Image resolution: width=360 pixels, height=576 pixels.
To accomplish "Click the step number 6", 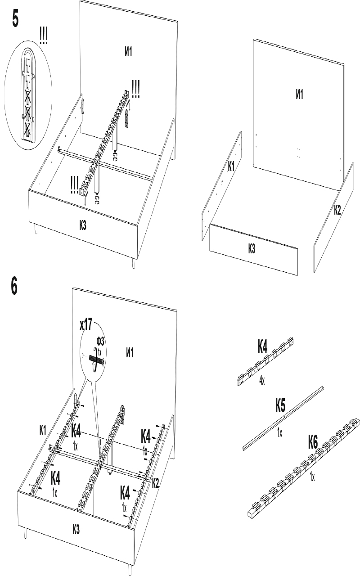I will coord(15,286).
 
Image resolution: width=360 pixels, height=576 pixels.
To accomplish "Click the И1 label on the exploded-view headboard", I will coord(299,94).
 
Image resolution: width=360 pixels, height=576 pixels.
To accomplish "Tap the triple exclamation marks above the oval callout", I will coord(43,36).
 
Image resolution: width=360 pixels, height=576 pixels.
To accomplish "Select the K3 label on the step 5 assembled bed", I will coord(82,225).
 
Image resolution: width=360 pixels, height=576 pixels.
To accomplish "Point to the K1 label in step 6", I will coord(43,430).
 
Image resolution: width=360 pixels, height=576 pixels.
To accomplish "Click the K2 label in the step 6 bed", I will coord(155,483).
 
